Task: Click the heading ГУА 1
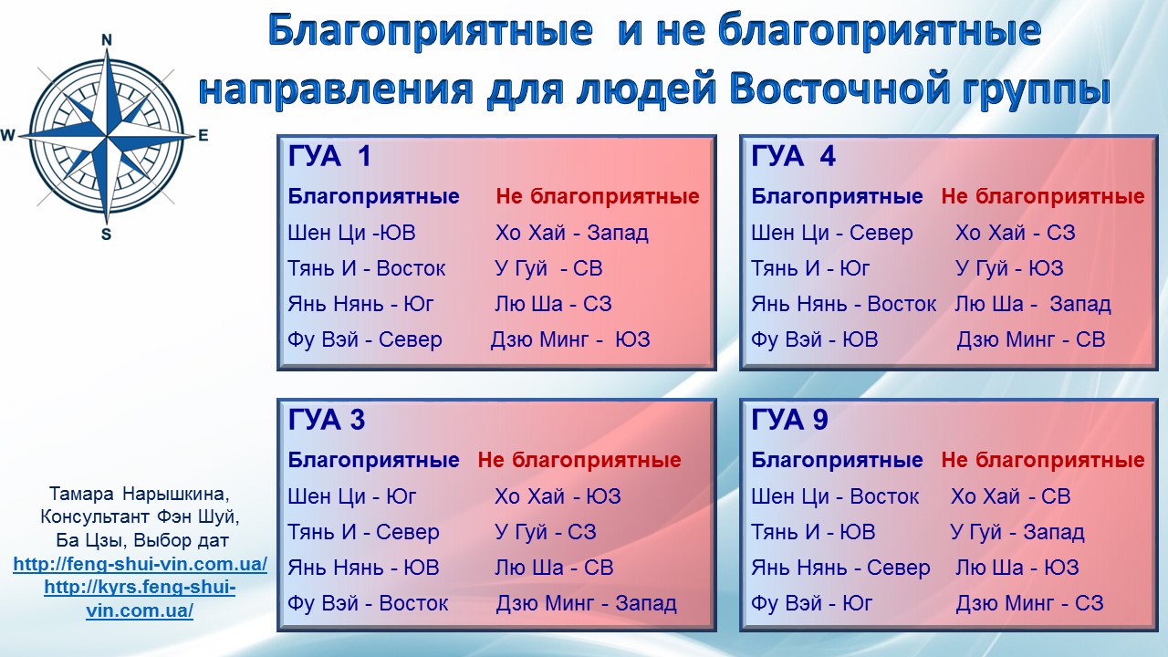pos(329,156)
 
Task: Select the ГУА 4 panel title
pos(793,156)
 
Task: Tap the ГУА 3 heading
pos(327,420)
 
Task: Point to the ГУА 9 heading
pos(789,420)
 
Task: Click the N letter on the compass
pos(107,40)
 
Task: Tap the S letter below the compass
pos(107,235)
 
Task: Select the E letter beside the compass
pos(203,136)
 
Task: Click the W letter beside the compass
pos(8,136)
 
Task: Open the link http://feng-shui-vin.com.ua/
pos(141,564)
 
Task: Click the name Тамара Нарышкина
pos(140,494)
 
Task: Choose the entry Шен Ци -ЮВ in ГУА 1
pos(351,233)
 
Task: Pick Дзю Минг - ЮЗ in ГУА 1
pos(570,340)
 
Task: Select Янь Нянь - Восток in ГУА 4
pos(844,304)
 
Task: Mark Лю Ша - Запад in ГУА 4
pos(1033,304)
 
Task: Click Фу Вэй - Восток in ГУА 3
pos(368,603)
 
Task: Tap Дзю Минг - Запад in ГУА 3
pos(586,603)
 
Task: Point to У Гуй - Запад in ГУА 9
pos(1017,532)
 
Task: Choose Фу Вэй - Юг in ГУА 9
pos(811,603)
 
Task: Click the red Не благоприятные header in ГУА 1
pos(598,196)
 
